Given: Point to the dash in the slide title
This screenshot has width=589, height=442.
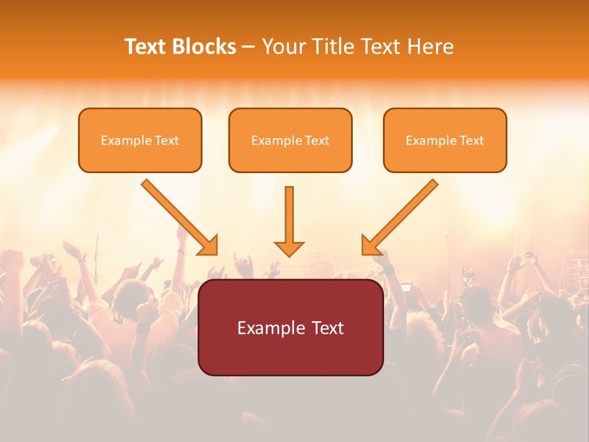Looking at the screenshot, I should [x=248, y=47].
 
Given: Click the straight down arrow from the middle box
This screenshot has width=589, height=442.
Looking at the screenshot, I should [x=289, y=215].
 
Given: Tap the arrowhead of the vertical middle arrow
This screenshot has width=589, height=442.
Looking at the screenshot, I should [x=289, y=248].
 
